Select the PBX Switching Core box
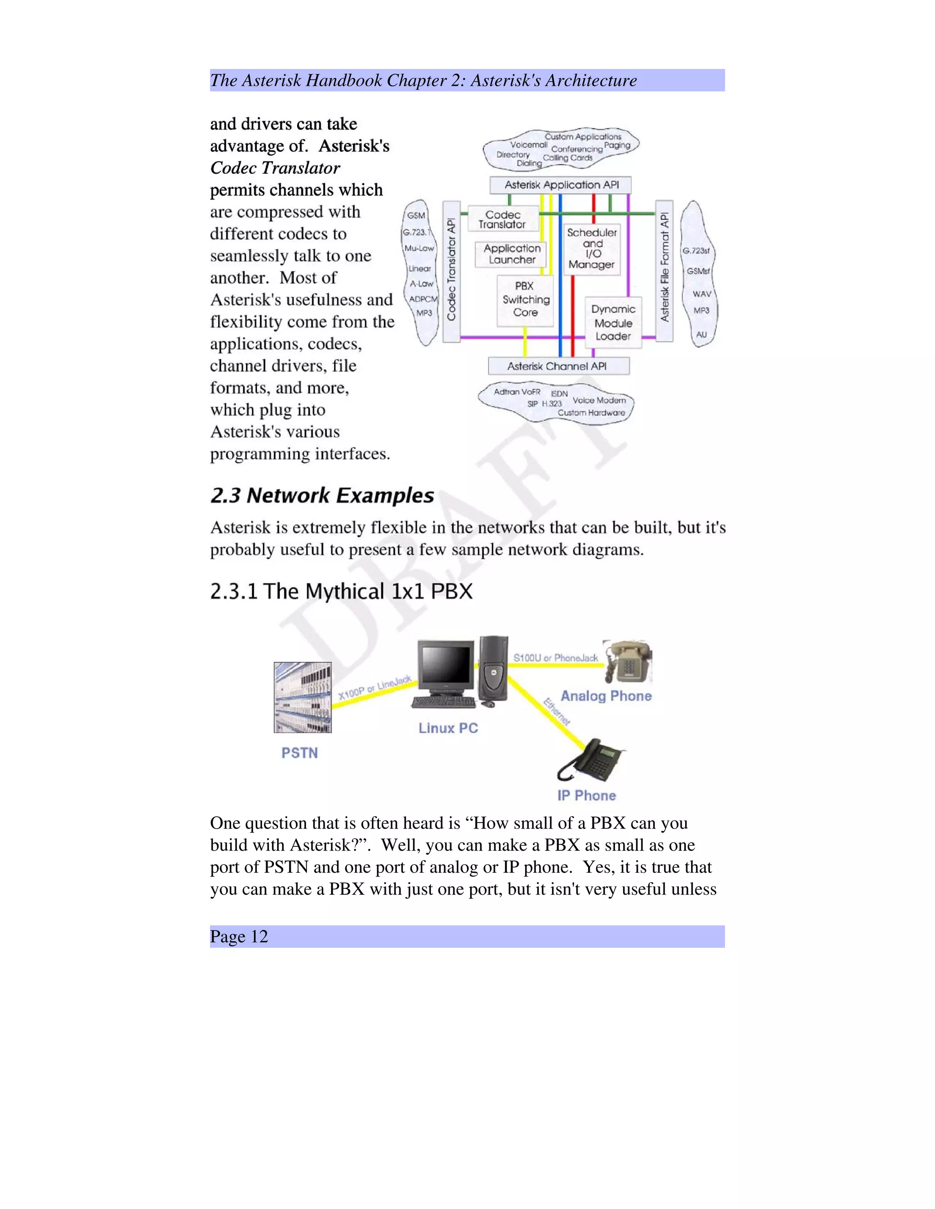coord(525,299)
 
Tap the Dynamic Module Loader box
coord(613,322)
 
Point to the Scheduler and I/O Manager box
coord(592,249)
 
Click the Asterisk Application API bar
coord(561,185)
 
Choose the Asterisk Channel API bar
coord(558,366)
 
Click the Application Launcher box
coord(512,254)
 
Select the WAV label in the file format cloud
coord(701,294)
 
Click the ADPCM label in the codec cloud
coord(423,299)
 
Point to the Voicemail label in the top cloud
coord(528,145)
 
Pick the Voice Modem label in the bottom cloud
coord(599,400)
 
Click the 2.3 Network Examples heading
coord(322,495)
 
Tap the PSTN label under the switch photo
coord(299,753)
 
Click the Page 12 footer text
coord(239,936)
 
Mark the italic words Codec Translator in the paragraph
coord(275,168)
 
